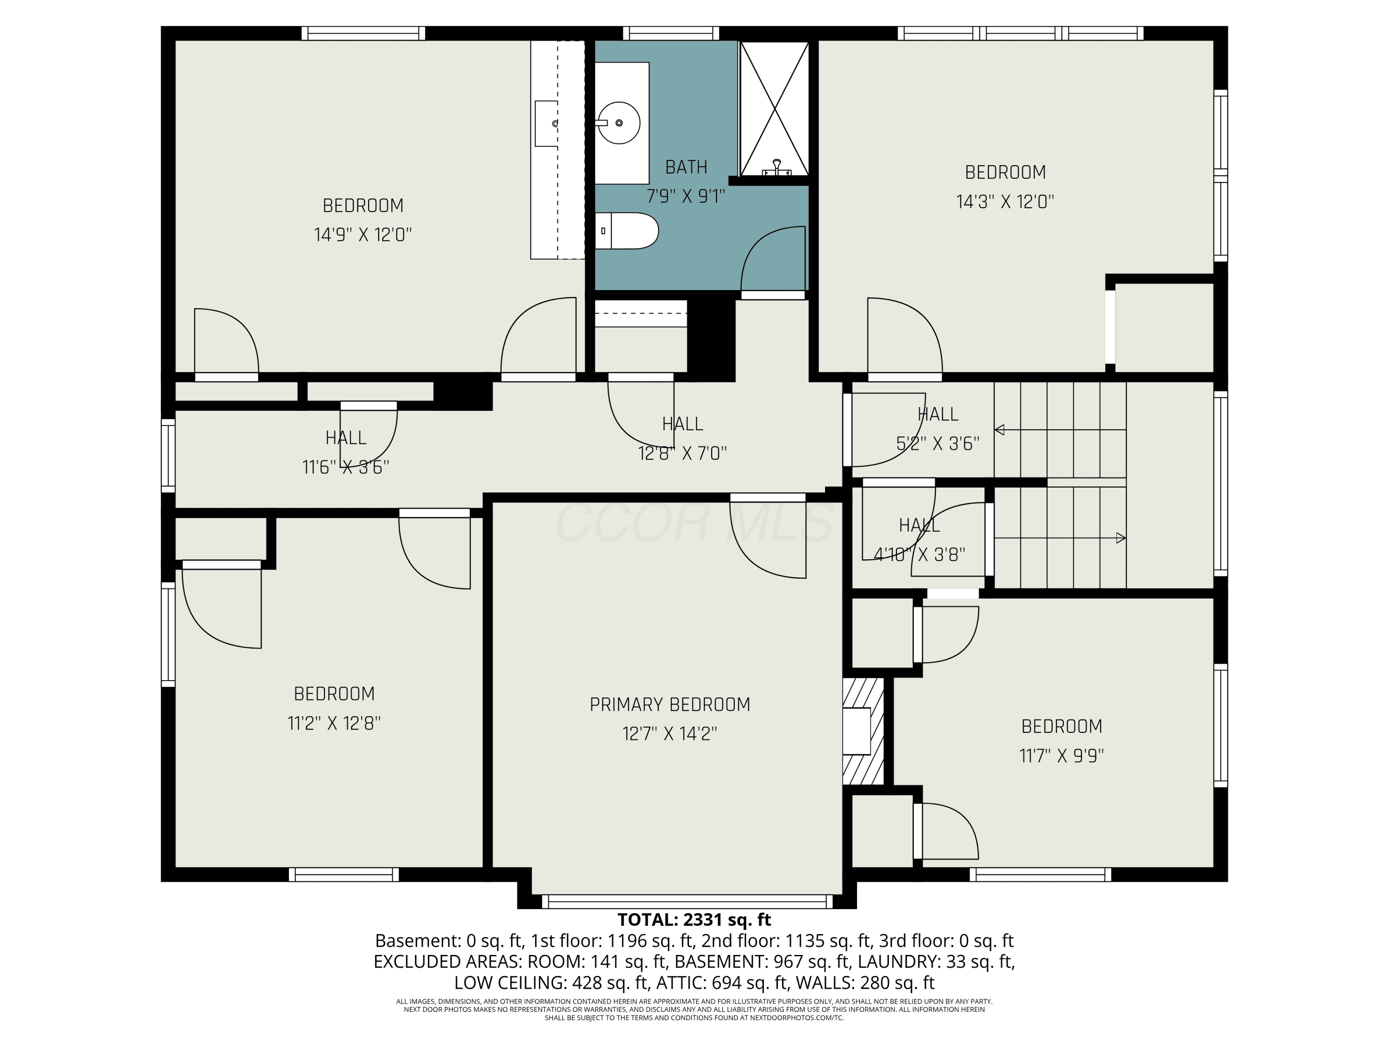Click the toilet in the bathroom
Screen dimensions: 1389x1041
[x=626, y=231]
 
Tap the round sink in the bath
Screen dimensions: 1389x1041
[x=619, y=123]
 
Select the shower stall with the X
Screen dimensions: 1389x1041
[x=774, y=109]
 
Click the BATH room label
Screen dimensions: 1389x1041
[x=686, y=167]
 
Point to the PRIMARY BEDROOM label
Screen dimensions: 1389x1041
[x=670, y=705]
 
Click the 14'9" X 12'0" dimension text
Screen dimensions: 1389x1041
[x=363, y=235]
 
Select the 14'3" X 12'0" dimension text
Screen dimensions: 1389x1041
[x=1005, y=201]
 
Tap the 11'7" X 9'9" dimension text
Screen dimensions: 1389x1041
[x=1061, y=756]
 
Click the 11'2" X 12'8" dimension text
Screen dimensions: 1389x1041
[x=334, y=723]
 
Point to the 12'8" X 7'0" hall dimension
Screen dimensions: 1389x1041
[x=682, y=453]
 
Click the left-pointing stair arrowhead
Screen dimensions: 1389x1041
[x=1000, y=430]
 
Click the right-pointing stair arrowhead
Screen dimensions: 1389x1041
[x=1121, y=538]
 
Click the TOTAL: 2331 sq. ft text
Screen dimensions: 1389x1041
[x=694, y=920]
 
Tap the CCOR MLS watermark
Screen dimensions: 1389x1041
[x=694, y=523]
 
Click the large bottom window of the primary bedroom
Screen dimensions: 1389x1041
[x=687, y=902]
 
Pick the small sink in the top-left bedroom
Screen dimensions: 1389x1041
[x=546, y=124]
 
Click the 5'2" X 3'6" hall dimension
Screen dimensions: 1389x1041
[x=938, y=444]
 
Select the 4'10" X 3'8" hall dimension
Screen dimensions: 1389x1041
[x=920, y=555]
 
